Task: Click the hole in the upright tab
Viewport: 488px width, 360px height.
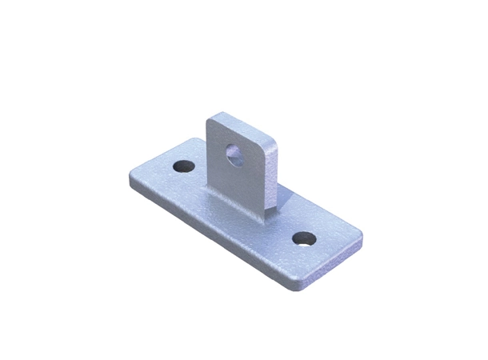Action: [234, 152]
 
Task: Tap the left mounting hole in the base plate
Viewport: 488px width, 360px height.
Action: [185, 167]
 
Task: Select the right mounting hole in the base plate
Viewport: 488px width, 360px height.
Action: [303, 238]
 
